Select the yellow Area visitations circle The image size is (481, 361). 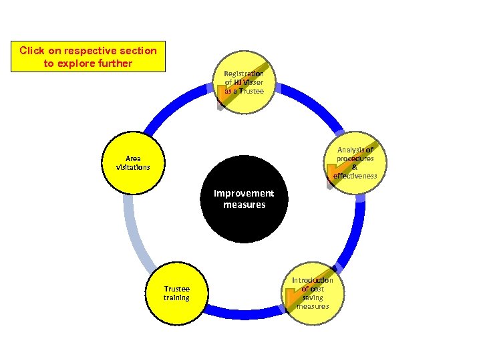coord(133,162)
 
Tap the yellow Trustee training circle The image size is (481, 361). coord(177,293)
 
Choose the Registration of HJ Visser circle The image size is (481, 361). coord(245,82)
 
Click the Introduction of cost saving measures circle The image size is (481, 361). coord(312,293)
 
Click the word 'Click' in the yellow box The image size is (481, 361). coord(31,51)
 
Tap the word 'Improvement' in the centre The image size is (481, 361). coord(244,193)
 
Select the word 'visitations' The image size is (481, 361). coord(133,166)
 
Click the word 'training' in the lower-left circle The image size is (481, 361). coord(177,297)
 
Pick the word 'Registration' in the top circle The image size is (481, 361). coord(244,73)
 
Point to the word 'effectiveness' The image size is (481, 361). coord(355,176)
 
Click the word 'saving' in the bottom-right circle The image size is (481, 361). coord(313,297)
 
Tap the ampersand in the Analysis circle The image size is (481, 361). coord(355,167)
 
